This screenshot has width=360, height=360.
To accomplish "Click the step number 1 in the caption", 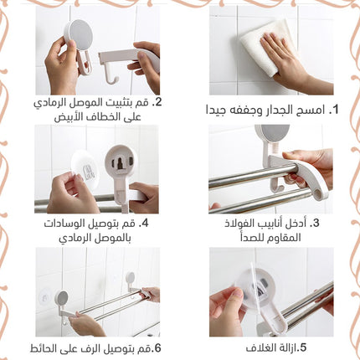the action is pos(334,110).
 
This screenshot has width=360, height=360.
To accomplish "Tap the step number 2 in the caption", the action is pos(158,102).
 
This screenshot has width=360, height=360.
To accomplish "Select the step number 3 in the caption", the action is pos(316,223).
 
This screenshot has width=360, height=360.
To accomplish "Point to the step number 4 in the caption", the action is pos(145,224).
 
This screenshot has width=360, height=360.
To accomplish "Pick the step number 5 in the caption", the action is pos(303,347).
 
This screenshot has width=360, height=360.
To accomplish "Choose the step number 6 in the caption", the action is pos(158,348).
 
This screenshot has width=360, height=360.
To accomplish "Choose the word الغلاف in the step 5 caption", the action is pos(260,348).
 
